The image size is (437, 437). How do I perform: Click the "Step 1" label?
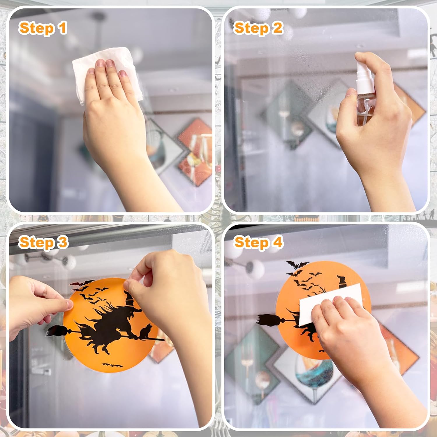43,29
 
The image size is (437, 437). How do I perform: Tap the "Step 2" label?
258,29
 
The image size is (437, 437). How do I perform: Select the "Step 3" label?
43,243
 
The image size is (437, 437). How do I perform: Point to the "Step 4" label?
258,243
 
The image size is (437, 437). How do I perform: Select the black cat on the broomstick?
145,332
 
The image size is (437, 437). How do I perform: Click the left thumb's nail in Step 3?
69,305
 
